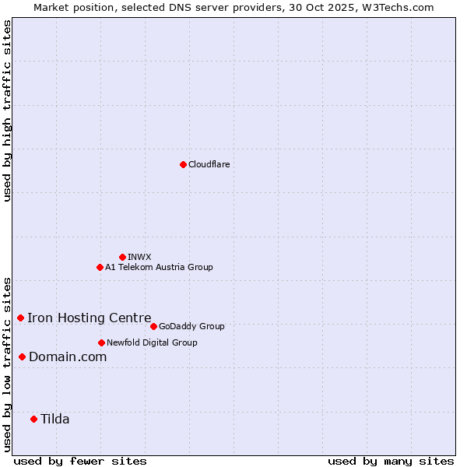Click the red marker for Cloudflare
click(183, 164)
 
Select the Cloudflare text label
click(209, 164)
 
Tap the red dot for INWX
click(122, 257)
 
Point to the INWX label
click(139, 257)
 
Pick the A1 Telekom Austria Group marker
click(100, 267)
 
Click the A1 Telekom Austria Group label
click(159, 267)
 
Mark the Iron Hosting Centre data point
click(20, 318)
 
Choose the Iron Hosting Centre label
click(89, 318)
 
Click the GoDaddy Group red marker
click(153, 326)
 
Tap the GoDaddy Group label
click(191, 326)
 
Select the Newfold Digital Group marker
click(101, 342)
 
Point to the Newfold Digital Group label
click(152, 342)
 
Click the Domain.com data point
click(22, 356)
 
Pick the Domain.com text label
click(68, 356)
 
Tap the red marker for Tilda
click(33, 419)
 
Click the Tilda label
click(54, 419)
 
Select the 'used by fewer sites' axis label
click(80, 461)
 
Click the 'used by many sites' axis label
click(391, 461)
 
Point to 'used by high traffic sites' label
click(7, 111)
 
